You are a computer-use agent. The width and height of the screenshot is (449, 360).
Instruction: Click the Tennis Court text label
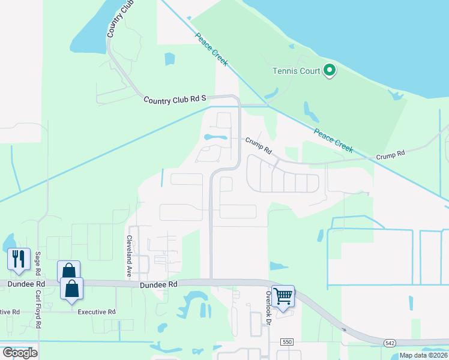pos(296,71)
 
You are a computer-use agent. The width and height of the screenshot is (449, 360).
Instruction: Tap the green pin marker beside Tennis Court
pos(329,71)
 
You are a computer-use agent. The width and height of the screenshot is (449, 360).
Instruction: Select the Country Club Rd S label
pos(175,99)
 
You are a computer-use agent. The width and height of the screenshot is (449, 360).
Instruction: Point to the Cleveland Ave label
pos(128,256)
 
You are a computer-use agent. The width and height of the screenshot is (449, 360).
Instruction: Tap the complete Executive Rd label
pos(96,312)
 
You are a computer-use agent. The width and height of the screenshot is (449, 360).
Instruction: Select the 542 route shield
pos(391,342)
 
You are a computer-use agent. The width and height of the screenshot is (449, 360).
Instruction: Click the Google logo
pos(20,352)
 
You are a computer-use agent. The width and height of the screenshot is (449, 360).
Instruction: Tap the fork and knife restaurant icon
pos(18,259)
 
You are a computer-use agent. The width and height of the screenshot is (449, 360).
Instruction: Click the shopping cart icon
pos(283,295)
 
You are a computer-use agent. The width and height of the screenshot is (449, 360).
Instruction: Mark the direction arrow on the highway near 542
pos(344,329)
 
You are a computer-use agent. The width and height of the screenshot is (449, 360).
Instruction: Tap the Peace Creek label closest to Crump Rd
pos(333,140)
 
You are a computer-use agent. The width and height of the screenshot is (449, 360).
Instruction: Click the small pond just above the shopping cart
pos(278,266)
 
